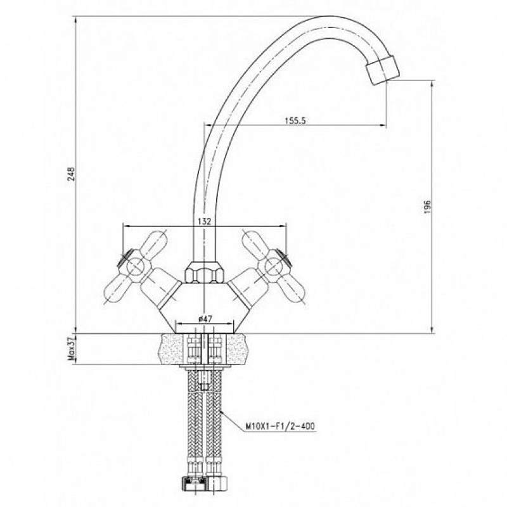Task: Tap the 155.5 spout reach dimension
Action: tap(295, 120)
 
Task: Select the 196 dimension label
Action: tap(427, 207)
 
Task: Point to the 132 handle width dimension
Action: tap(204, 221)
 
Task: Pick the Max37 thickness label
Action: tap(71, 348)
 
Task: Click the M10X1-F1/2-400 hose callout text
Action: tap(280, 426)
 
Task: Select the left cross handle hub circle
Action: tap(136, 267)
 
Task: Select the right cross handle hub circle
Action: tap(274, 267)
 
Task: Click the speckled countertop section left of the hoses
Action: tap(172, 349)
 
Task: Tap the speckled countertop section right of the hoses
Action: tap(238, 349)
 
